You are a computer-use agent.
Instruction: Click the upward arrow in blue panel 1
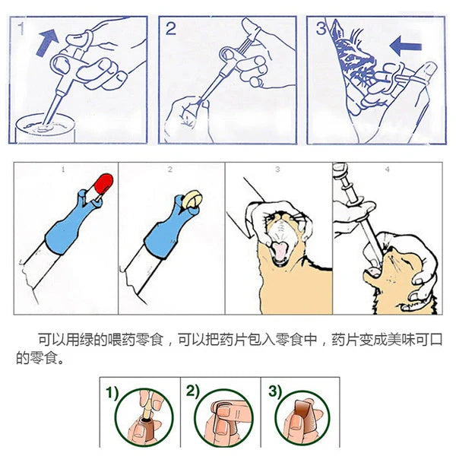point(47,43)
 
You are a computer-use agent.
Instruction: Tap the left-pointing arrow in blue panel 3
point(405,46)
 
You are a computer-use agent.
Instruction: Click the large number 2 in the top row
point(171,29)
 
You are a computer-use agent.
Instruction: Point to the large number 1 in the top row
point(21,29)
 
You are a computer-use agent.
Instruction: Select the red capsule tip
point(104,182)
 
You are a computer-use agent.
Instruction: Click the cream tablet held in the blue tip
point(192,199)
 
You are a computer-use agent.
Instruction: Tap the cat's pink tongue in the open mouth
point(279,251)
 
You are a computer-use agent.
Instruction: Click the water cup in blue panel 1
point(46,128)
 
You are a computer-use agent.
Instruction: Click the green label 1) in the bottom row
point(112,393)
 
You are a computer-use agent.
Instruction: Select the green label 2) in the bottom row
point(193,391)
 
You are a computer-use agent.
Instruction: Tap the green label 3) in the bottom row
point(275,391)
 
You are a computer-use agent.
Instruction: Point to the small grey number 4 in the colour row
point(387,169)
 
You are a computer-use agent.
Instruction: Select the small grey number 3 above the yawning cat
point(277,169)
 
